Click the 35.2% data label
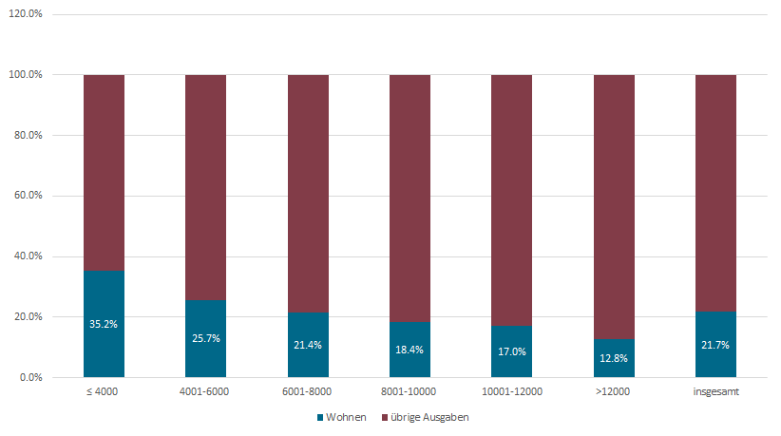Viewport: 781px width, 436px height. (104, 324)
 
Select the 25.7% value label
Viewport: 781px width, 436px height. (205, 338)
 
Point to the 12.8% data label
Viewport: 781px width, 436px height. (614, 358)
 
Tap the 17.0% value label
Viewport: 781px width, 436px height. (511, 351)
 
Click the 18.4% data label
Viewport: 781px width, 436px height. (410, 350)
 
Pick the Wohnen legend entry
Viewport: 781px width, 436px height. (341, 417)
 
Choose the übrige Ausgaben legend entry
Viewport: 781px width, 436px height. (426, 417)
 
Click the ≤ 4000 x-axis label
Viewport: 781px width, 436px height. (104, 390)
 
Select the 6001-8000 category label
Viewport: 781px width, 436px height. (308, 390)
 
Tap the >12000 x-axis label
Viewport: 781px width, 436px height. (614, 390)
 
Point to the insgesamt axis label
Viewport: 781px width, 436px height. (715, 390)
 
